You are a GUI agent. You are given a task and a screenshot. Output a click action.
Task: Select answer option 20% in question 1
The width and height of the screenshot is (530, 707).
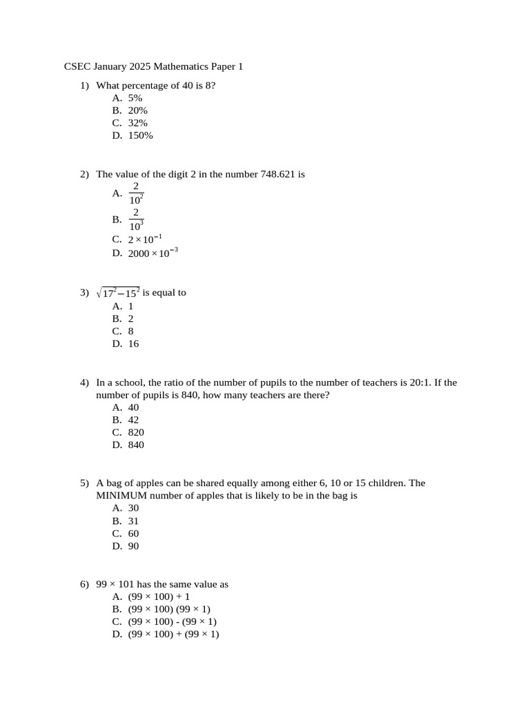pos(137,110)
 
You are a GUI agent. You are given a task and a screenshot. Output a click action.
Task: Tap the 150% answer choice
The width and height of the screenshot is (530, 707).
pos(140,135)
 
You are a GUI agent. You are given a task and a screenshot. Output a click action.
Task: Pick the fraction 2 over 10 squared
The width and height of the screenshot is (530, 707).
pos(136,193)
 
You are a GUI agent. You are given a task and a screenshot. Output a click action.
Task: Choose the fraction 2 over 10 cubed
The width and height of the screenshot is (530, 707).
pos(136,219)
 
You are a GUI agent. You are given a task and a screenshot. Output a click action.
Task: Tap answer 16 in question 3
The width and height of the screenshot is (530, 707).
pos(133,343)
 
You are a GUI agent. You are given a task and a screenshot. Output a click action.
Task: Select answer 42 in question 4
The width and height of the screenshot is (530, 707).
pos(133,420)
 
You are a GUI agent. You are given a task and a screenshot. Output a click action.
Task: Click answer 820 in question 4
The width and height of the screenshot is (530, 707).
pos(136,432)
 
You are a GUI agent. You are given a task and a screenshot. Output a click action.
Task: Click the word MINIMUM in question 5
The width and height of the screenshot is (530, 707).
pos(121,496)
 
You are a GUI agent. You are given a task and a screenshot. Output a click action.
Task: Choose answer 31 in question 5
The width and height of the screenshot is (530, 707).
pos(133,521)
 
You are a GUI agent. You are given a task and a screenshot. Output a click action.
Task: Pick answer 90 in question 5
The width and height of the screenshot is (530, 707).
pos(133,546)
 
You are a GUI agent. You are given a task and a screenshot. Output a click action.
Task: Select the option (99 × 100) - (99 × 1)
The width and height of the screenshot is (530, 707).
pos(172,621)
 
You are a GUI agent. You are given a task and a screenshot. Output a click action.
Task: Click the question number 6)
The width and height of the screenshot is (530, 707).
pos(84,584)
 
